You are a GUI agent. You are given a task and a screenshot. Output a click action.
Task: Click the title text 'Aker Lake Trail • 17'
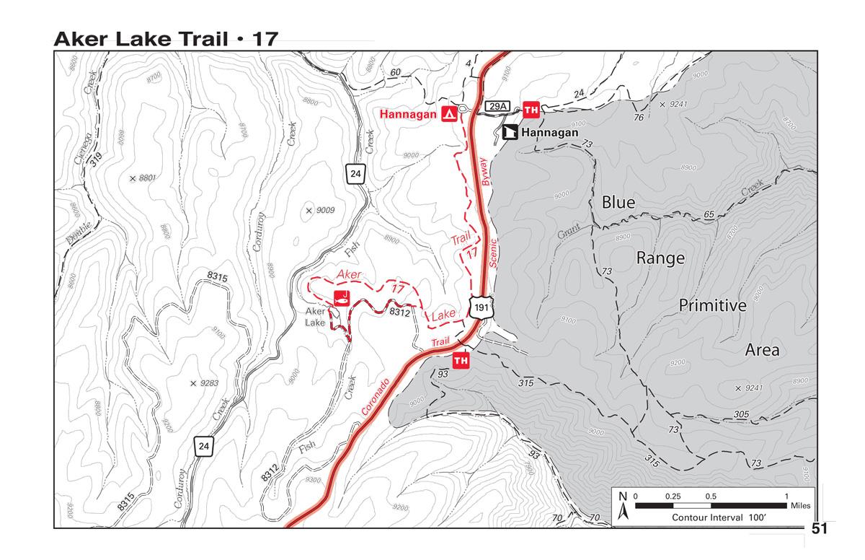tap(165, 39)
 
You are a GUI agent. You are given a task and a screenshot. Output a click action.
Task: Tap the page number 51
tap(820, 529)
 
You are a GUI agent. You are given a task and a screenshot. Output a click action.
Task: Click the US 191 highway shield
tap(481, 306)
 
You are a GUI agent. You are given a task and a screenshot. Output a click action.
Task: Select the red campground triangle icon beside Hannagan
tap(448, 114)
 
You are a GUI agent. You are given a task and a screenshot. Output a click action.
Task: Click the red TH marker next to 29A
tap(531, 110)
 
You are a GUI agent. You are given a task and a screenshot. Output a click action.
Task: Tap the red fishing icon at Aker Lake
tap(340, 297)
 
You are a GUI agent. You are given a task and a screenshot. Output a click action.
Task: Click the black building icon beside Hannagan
tap(510, 133)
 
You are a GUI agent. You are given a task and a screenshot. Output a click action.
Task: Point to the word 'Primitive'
tap(712, 305)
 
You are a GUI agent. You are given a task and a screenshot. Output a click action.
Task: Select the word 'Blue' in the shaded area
tap(618, 203)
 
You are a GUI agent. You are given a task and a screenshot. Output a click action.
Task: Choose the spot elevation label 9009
tap(329, 211)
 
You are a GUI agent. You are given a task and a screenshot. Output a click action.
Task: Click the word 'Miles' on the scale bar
tap(799, 506)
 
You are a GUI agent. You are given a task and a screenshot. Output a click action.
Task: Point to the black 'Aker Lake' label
tap(315, 317)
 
